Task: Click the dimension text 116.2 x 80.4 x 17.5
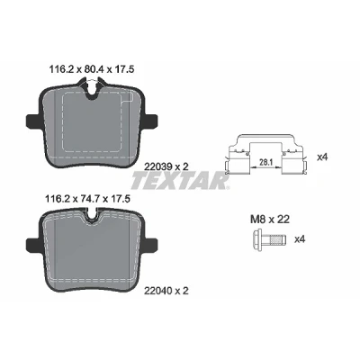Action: [91, 69]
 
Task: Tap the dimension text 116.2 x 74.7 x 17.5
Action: [87, 198]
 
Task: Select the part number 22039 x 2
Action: [166, 166]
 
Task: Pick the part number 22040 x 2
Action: [166, 291]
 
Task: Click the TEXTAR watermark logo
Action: [180, 181]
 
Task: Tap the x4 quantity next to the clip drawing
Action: [322, 157]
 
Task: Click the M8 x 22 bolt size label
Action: [270, 220]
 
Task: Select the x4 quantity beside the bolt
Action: [300, 239]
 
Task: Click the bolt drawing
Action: [269, 239]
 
